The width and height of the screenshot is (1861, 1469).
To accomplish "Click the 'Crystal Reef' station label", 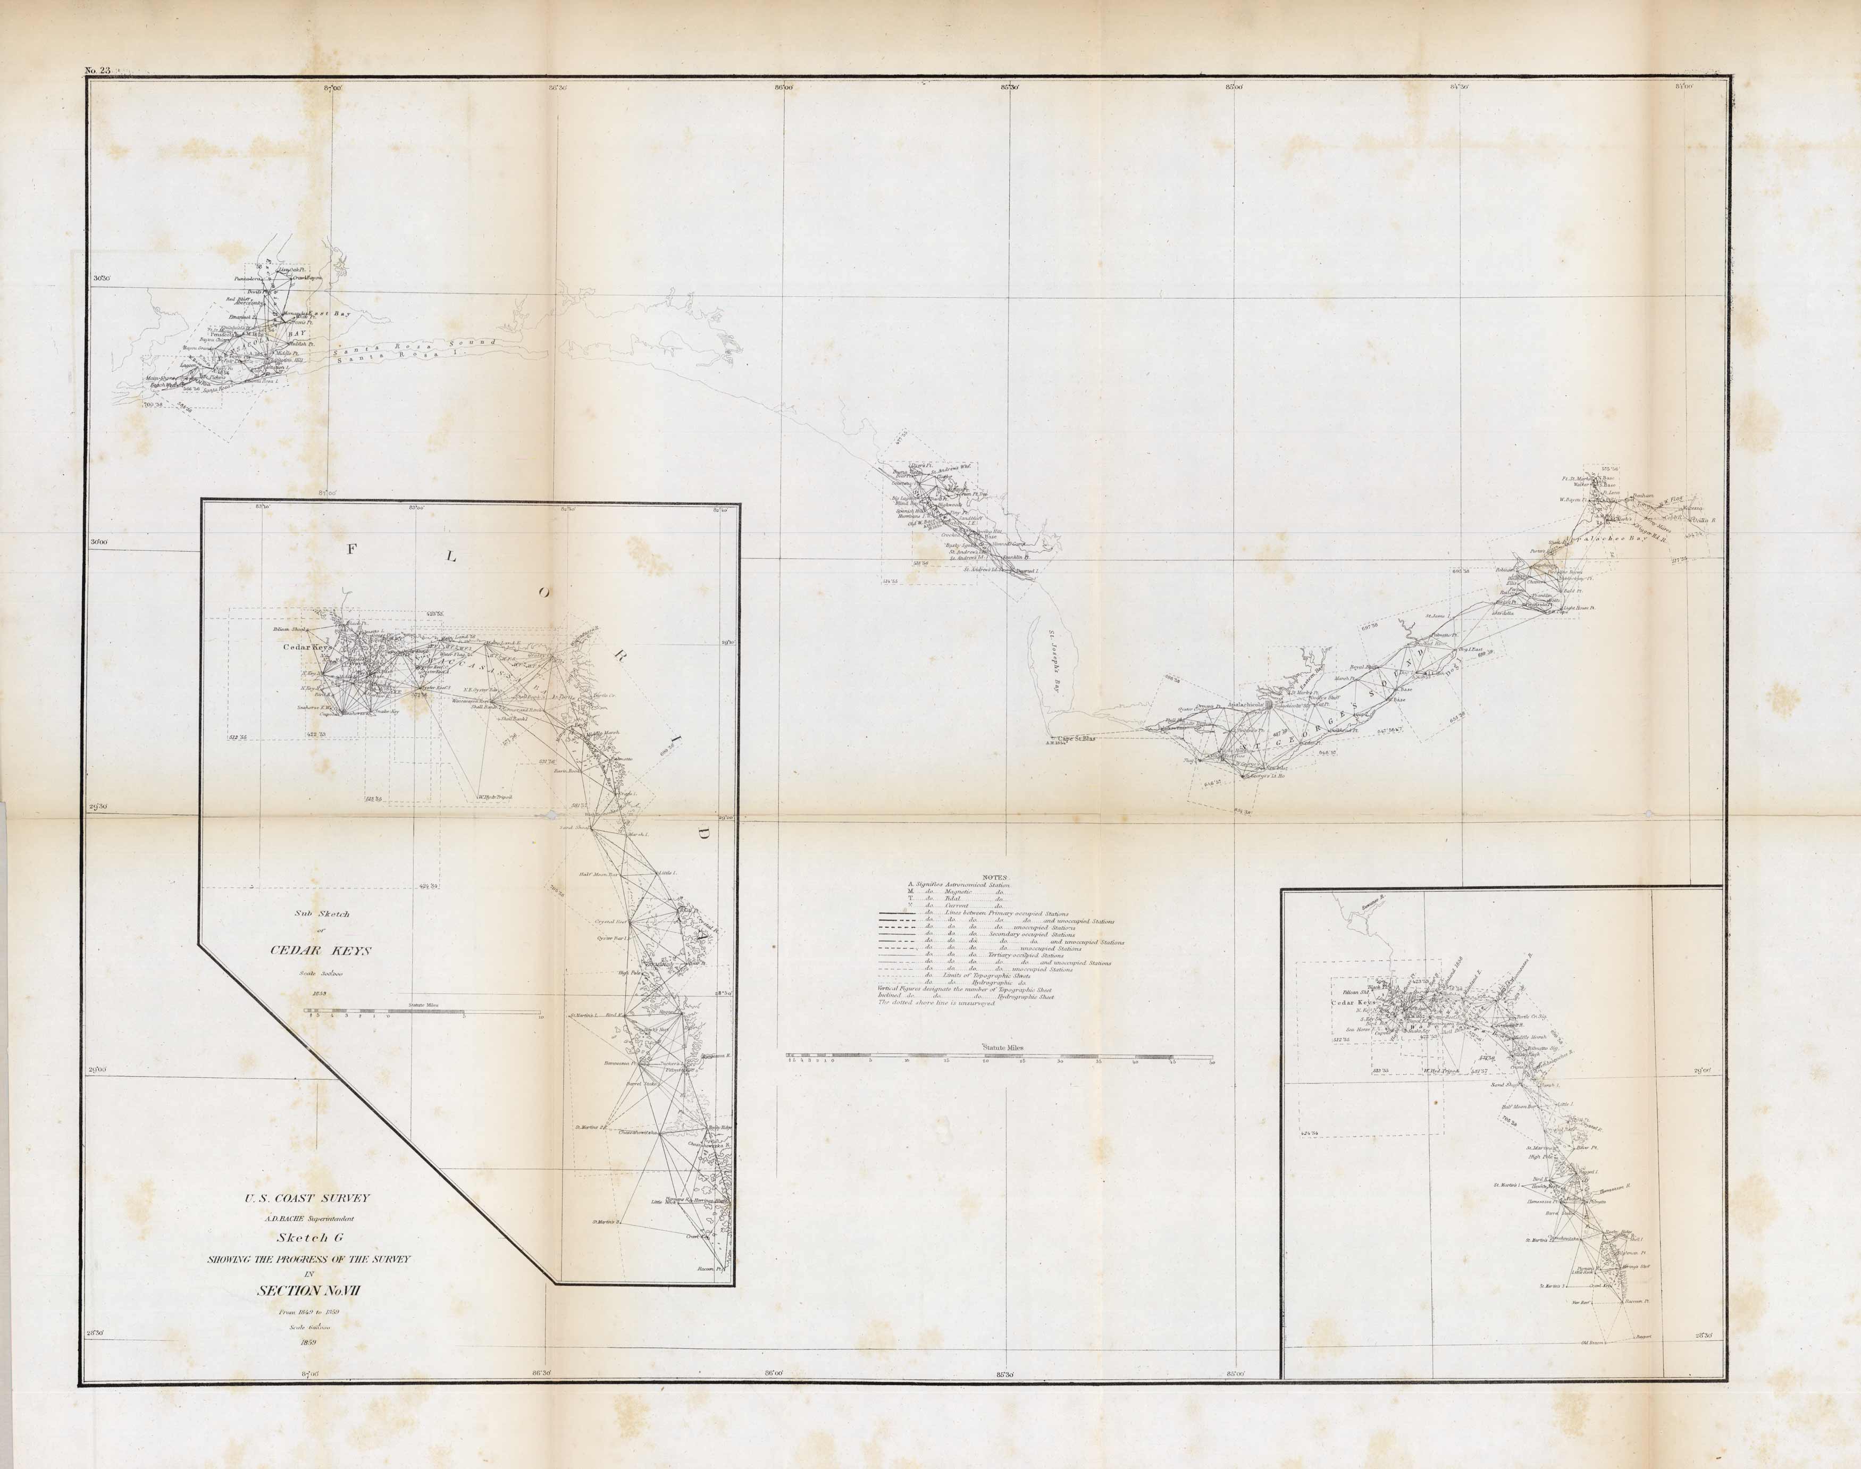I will pyautogui.click(x=613, y=921).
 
